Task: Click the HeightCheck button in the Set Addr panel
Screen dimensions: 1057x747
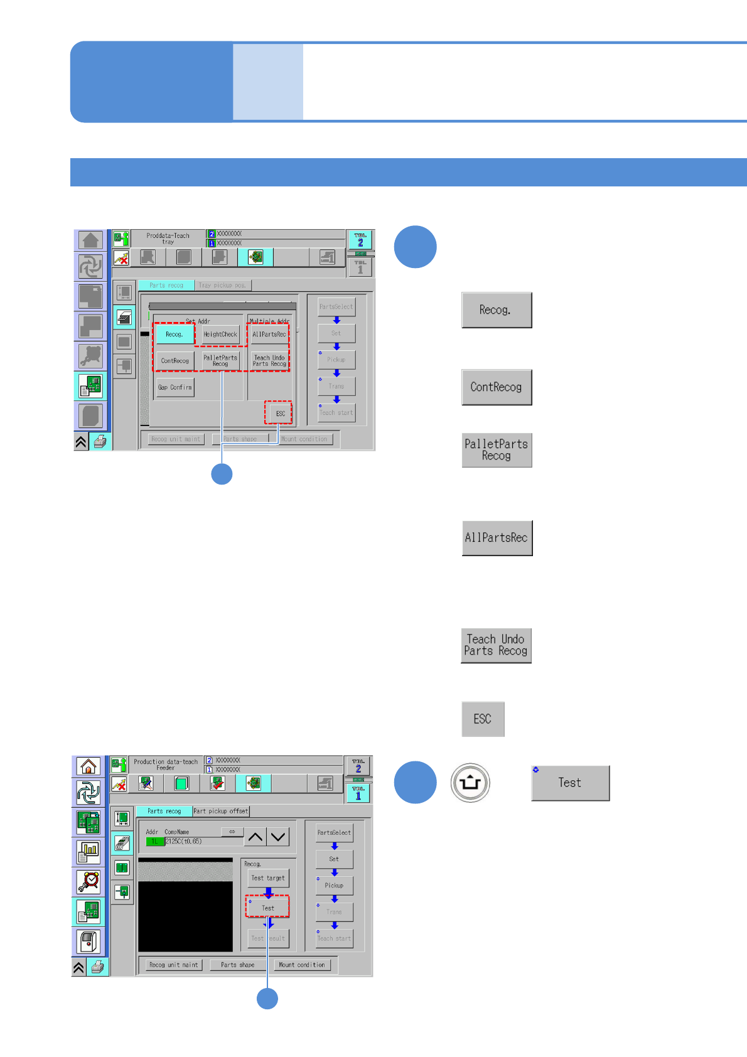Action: (220, 335)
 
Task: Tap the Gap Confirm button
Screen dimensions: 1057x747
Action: (175, 387)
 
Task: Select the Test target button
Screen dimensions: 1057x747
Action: (268, 878)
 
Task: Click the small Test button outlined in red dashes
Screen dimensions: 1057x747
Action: (268, 908)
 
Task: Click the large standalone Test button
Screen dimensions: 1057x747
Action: (570, 783)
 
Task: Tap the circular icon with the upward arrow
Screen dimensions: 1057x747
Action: (470, 783)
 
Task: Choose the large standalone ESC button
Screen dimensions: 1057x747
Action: (483, 719)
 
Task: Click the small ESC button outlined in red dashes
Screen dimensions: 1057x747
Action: (280, 414)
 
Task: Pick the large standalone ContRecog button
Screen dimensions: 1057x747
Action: (497, 387)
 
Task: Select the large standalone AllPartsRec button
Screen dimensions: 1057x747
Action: (497, 538)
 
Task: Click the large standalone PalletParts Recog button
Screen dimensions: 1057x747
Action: (497, 450)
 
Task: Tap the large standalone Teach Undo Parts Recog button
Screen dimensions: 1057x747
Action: (496, 645)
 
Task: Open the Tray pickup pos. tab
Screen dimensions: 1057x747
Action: (222, 285)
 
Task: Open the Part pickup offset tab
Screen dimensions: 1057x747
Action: (221, 811)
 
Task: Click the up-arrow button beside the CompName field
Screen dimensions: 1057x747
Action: (255, 837)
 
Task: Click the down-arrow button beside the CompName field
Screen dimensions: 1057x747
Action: (278, 837)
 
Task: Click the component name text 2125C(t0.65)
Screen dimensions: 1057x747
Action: (183, 841)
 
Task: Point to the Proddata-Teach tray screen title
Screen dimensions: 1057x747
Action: (168, 239)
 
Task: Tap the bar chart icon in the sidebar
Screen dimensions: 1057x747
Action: (89, 852)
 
